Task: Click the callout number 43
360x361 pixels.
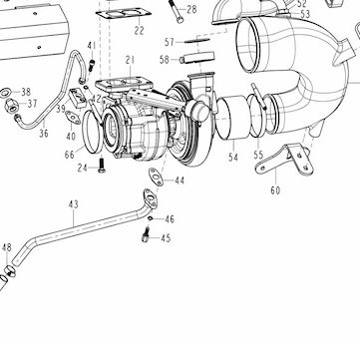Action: point(74,204)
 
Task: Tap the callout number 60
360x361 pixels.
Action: point(275,190)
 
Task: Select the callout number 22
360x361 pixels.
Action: point(140,30)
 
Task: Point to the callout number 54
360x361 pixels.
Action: point(233,158)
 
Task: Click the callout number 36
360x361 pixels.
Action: point(44,134)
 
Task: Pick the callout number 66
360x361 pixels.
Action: point(70,155)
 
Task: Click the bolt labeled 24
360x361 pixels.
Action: point(102,166)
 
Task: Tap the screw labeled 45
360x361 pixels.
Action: point(146,234)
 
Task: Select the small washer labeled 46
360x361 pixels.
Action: point(151,218)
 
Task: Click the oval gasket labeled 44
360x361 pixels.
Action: point(156,177)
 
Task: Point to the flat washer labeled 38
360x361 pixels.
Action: point(6,93)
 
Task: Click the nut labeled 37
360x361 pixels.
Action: point(10,105)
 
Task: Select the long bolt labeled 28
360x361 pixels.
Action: point(176,11)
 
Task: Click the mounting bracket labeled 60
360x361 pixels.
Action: point(285,161)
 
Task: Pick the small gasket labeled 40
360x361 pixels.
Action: point(73,118)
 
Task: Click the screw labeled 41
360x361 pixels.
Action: point(92,65)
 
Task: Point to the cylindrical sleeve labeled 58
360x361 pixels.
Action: point(197,58)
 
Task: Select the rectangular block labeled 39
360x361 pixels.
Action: point(78,98)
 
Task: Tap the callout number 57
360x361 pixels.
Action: point(170,42)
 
